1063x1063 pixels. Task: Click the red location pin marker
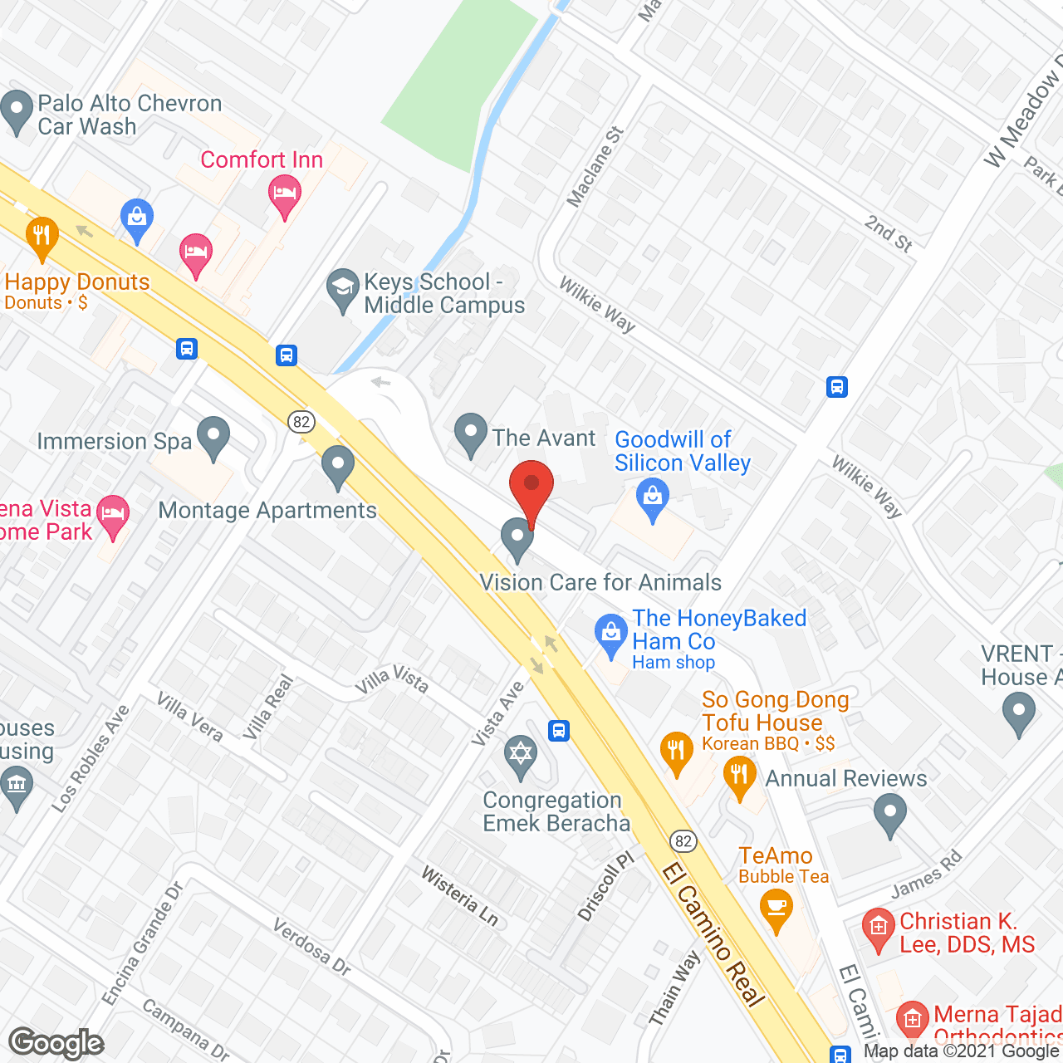(531, 491)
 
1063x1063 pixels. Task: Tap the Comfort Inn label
(262, 159)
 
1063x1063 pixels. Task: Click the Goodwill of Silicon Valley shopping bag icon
(652, 500)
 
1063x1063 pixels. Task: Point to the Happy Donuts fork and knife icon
(42, 236)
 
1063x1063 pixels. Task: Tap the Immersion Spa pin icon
(214, 437)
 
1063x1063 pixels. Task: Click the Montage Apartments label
(267, 510)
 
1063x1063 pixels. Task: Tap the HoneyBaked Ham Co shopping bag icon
(611, 634)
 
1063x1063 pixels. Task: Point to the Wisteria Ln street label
(460, 896)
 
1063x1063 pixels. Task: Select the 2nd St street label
(889, 233)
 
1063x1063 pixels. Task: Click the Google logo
(56, 1043)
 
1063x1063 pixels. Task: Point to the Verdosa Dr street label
(311, 947)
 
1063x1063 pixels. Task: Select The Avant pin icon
(471, 433)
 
